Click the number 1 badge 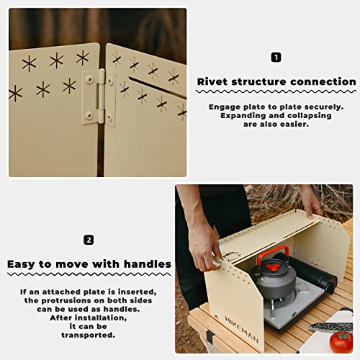pos(276,57)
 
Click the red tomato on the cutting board pos(341,341)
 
